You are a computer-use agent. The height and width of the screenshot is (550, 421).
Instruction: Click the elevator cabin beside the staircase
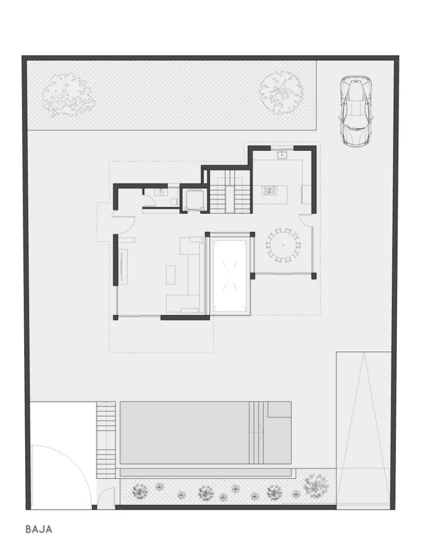click(193, 200)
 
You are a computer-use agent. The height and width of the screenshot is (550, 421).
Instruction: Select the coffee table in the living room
click(171, 275)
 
